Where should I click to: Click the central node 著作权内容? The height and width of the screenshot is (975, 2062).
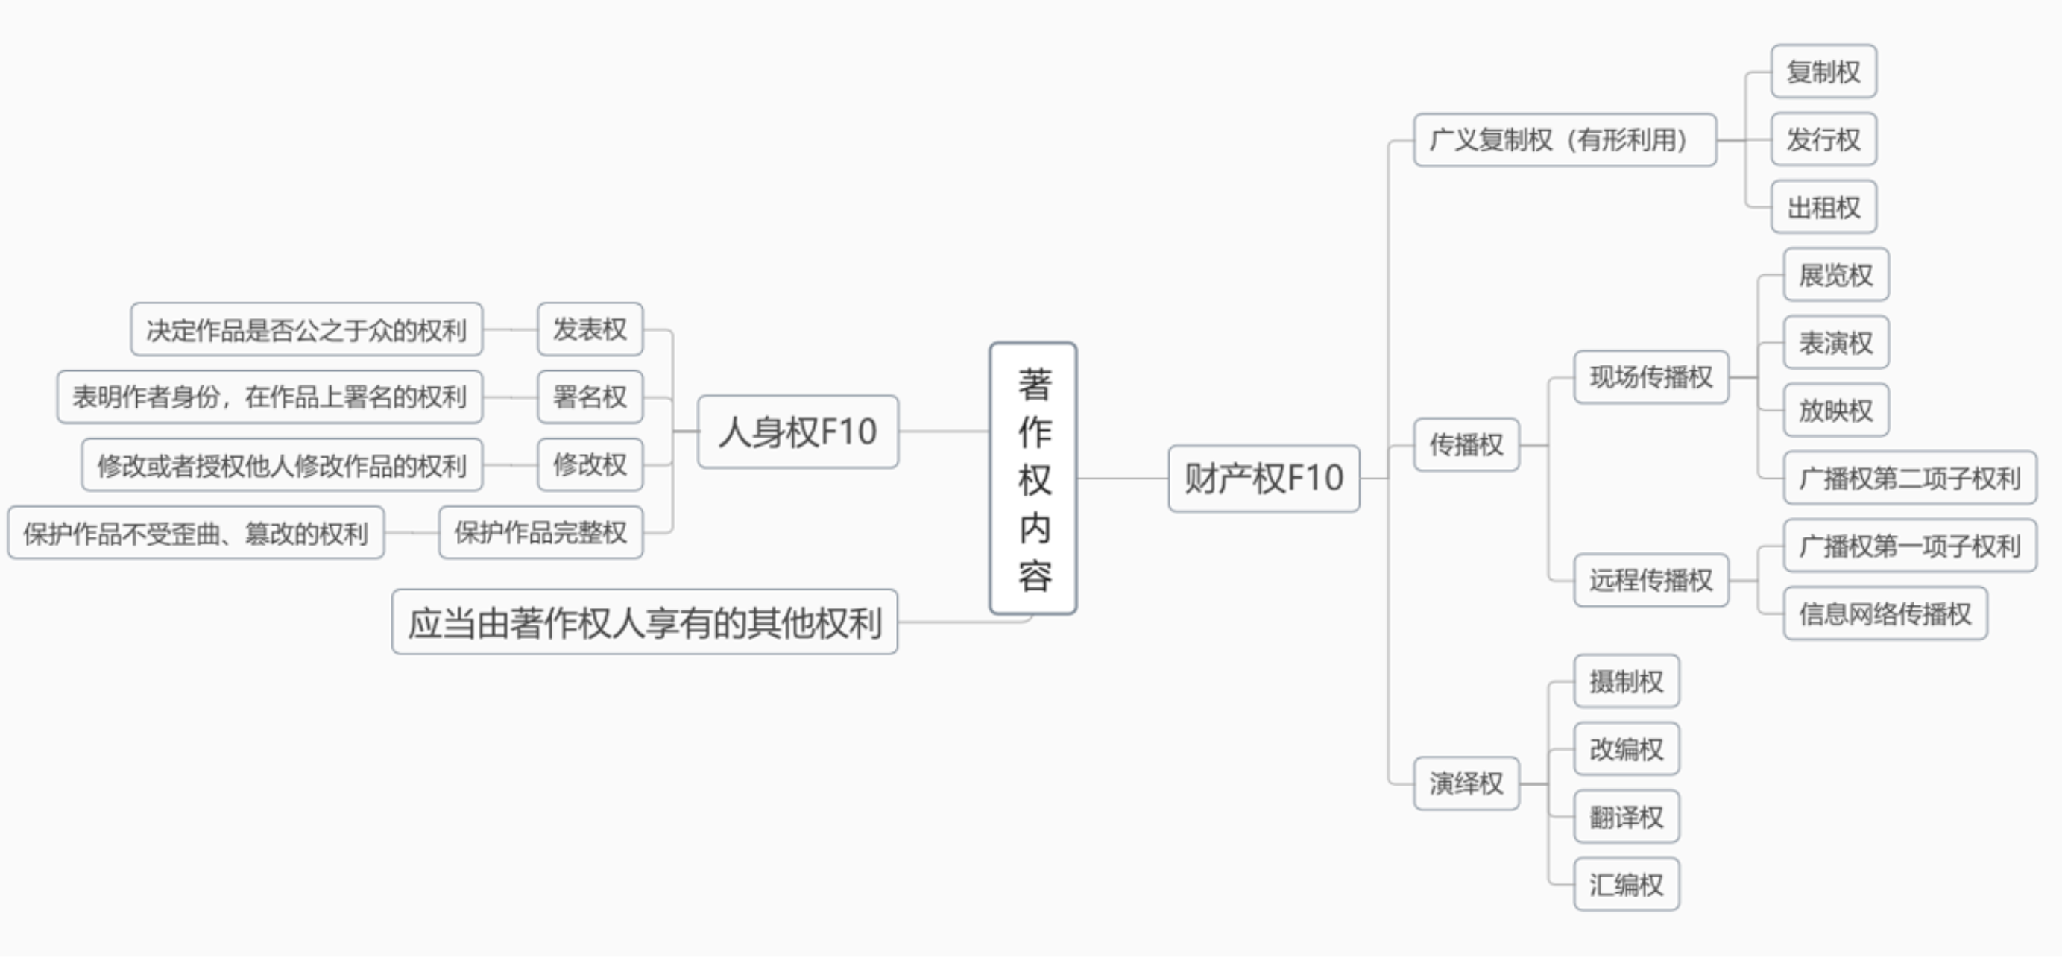(1032, 479)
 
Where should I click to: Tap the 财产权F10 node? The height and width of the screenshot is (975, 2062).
(1263, 479)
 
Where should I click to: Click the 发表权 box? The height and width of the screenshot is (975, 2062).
(590, 329)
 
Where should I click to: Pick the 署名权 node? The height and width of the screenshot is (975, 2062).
(590, 397)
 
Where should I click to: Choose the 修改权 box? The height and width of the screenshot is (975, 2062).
(590, 464)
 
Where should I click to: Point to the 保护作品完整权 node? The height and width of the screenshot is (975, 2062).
(540, 532)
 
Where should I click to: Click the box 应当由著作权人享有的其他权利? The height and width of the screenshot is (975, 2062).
(644, 622)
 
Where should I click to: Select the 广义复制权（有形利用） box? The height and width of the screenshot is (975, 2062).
(1564, 140)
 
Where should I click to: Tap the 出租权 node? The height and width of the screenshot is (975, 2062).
(1823, 207)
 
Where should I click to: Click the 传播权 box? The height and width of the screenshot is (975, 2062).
(1466, 444)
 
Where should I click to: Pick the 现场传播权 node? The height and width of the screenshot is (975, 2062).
(1650, 377)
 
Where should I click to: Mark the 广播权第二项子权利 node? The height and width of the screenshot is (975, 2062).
(1909, 479)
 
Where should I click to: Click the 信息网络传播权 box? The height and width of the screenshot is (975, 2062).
(1885, 614)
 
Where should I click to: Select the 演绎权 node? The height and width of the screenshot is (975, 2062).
(1466, 783)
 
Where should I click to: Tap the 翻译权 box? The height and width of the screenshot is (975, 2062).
(1626, 816)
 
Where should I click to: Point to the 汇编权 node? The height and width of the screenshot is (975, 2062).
(1626, 885)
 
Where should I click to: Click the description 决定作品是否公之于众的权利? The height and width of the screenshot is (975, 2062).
(306, 329)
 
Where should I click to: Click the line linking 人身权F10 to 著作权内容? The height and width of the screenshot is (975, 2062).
(944, 432)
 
